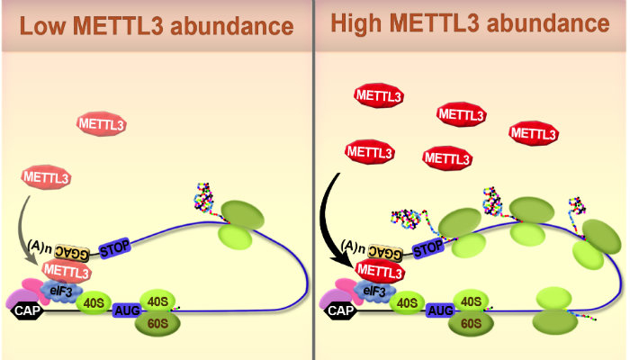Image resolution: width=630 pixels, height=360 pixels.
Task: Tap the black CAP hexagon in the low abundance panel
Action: point(26,311)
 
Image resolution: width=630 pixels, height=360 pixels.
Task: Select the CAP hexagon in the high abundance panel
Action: point(340,311)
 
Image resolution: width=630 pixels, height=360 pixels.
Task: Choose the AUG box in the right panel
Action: point(441,310)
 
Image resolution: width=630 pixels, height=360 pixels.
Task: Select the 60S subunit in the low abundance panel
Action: point(158,322)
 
